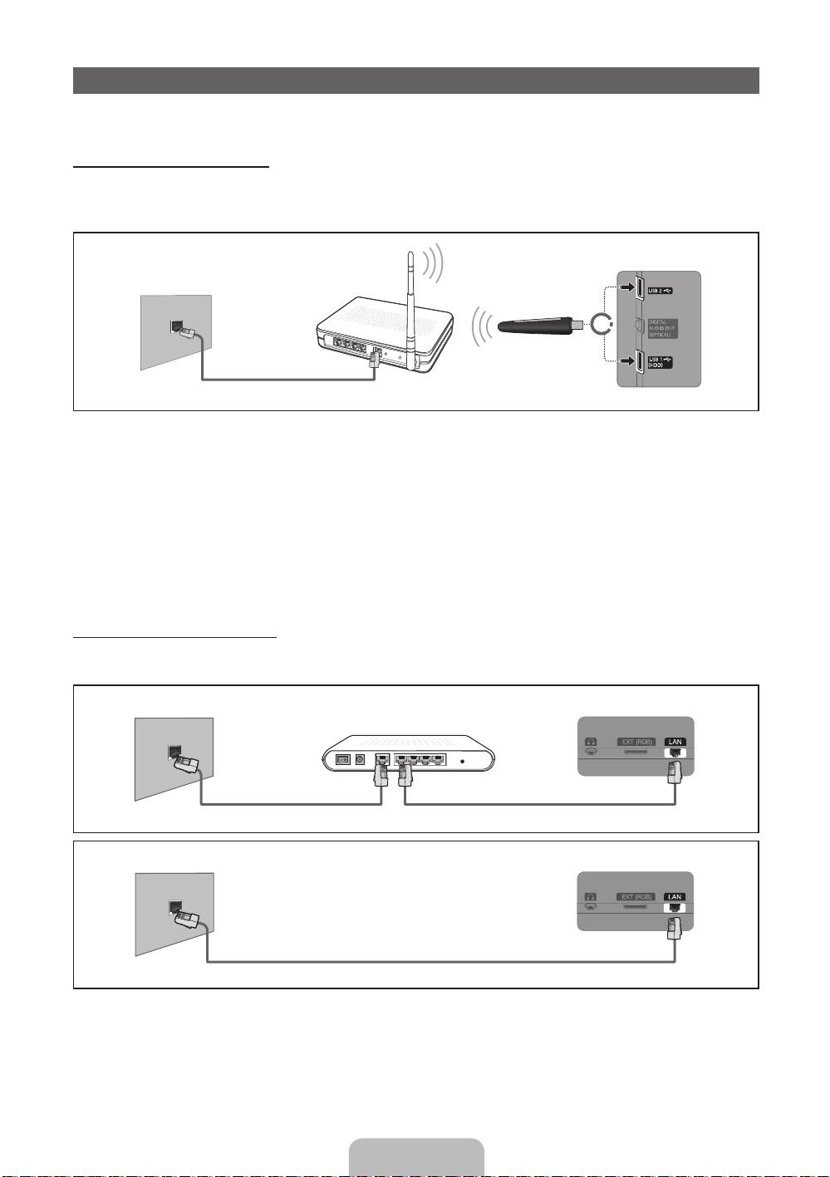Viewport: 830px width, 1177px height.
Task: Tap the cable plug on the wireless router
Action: (376, 359)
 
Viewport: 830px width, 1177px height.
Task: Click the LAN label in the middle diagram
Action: (675, 742)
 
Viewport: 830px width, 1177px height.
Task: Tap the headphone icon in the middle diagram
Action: (591, 742)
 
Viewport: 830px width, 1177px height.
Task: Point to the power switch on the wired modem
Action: (341, 758)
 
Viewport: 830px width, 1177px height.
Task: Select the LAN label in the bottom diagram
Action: (675, 897)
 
